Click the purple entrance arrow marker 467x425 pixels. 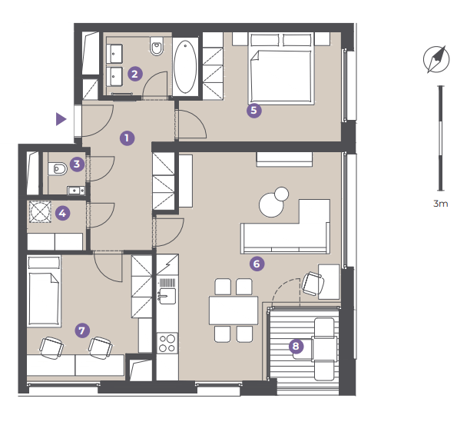tap(61, 119)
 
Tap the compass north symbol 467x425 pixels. tap(436, 59)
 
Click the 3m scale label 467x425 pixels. tap(440, 204)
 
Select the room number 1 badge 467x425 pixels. tap(128, 138)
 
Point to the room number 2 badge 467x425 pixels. tap(135, 74)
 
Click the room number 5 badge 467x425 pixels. tap(253, 110)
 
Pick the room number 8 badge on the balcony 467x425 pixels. tap(296, 346)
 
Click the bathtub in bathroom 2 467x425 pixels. tap(185, 66)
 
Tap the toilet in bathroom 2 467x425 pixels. tap(157, 46)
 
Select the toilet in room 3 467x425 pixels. tap(58, 169)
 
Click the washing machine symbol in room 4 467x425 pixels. tap(40, 211)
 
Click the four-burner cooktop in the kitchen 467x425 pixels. tap(167, 343)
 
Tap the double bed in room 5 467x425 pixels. tap(281, 69)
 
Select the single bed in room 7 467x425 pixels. tap(44, 291)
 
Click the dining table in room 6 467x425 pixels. tap(233, 310)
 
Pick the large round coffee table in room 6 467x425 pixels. tap(271, 204)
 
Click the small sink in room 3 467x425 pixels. tap(76, 190)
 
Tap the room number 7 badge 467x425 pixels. tap(82, 330)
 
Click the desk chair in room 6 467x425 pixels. tap(313, 284)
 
